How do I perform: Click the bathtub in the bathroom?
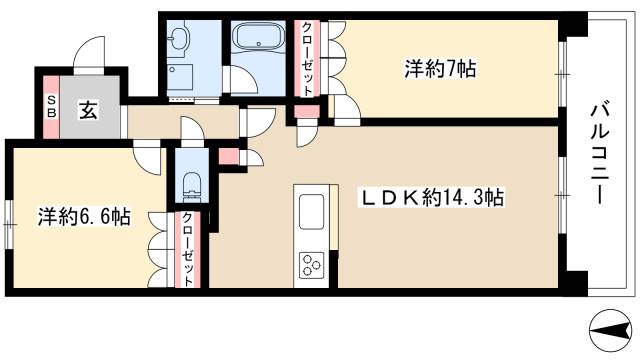[x=259, y=41]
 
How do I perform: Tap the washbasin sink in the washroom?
[x=179, y=39]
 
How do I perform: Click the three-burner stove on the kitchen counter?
[x=310, y=265]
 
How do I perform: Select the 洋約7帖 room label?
[x=439, y=69]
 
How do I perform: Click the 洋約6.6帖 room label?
[x=84, y=216]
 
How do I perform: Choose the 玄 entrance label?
[x=88, y=110]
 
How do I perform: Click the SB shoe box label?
[x=51, y=106]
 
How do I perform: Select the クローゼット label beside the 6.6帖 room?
[x=188, y=252]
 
